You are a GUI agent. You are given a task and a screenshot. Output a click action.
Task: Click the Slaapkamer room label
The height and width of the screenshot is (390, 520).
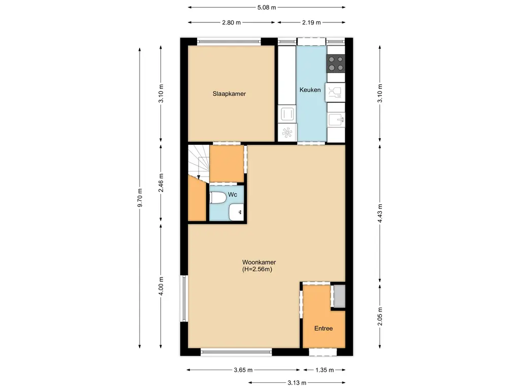[229, 94]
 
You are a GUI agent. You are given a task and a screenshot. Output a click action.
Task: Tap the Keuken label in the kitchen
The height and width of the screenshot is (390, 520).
[310, 90]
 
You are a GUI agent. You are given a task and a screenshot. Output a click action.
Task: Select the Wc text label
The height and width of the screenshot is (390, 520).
[233, 194]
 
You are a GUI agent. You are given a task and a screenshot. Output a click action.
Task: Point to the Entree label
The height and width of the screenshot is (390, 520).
[323, 329]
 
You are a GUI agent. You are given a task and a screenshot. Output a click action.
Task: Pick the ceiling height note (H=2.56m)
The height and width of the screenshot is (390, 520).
[257, 269]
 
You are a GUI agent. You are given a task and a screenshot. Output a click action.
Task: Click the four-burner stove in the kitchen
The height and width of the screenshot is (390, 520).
[336, 63]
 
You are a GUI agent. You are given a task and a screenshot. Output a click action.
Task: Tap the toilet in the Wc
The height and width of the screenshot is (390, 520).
[218, 198]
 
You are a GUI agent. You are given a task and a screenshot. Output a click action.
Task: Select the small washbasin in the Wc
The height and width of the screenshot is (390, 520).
[237, 212]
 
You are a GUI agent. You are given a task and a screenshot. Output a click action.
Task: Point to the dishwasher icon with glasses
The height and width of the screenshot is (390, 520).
[335, 92]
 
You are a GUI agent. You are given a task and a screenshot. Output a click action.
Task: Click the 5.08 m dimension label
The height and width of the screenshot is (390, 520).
[267, 7]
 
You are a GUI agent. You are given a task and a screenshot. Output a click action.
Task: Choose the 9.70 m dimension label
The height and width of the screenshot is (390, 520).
[140, 198]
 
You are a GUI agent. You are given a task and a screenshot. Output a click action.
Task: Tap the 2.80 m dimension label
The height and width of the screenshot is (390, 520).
[232, 22]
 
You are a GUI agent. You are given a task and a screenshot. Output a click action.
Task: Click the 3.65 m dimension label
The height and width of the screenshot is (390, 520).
[243, 370]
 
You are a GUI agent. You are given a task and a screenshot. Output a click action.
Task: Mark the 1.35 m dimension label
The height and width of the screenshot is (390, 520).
[324, 370]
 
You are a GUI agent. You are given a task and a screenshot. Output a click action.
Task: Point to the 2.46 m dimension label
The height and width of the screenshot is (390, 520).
[161, 183]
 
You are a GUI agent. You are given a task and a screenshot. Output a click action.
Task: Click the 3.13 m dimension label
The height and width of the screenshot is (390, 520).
[297, 383]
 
